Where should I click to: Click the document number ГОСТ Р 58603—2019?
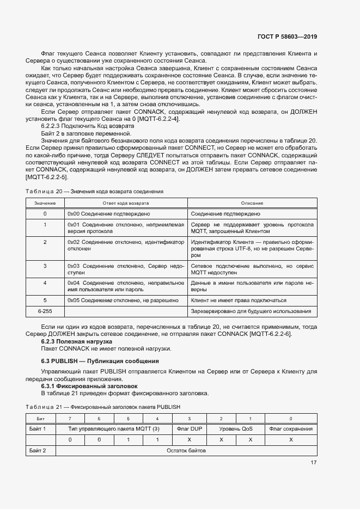pos(287,36)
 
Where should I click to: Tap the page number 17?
pos(314,463)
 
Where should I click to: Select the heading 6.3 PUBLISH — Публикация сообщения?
pos(100,361)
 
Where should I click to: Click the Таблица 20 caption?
pos(94,192)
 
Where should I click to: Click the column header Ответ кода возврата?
pos(126,203)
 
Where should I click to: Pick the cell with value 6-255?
pos(45,311)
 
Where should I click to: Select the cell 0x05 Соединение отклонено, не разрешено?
pos(123,300)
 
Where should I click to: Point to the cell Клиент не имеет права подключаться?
pos(239,300)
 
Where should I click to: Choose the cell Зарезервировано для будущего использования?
pos(251,311)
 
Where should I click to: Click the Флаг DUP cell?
pos(190,429)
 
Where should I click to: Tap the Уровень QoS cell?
pos(236,429)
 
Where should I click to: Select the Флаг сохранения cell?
pos(291,429)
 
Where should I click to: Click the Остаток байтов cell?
pos(189,450)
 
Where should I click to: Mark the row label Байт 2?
pos(37,450)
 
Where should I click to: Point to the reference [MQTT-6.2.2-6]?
pos(269,334)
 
